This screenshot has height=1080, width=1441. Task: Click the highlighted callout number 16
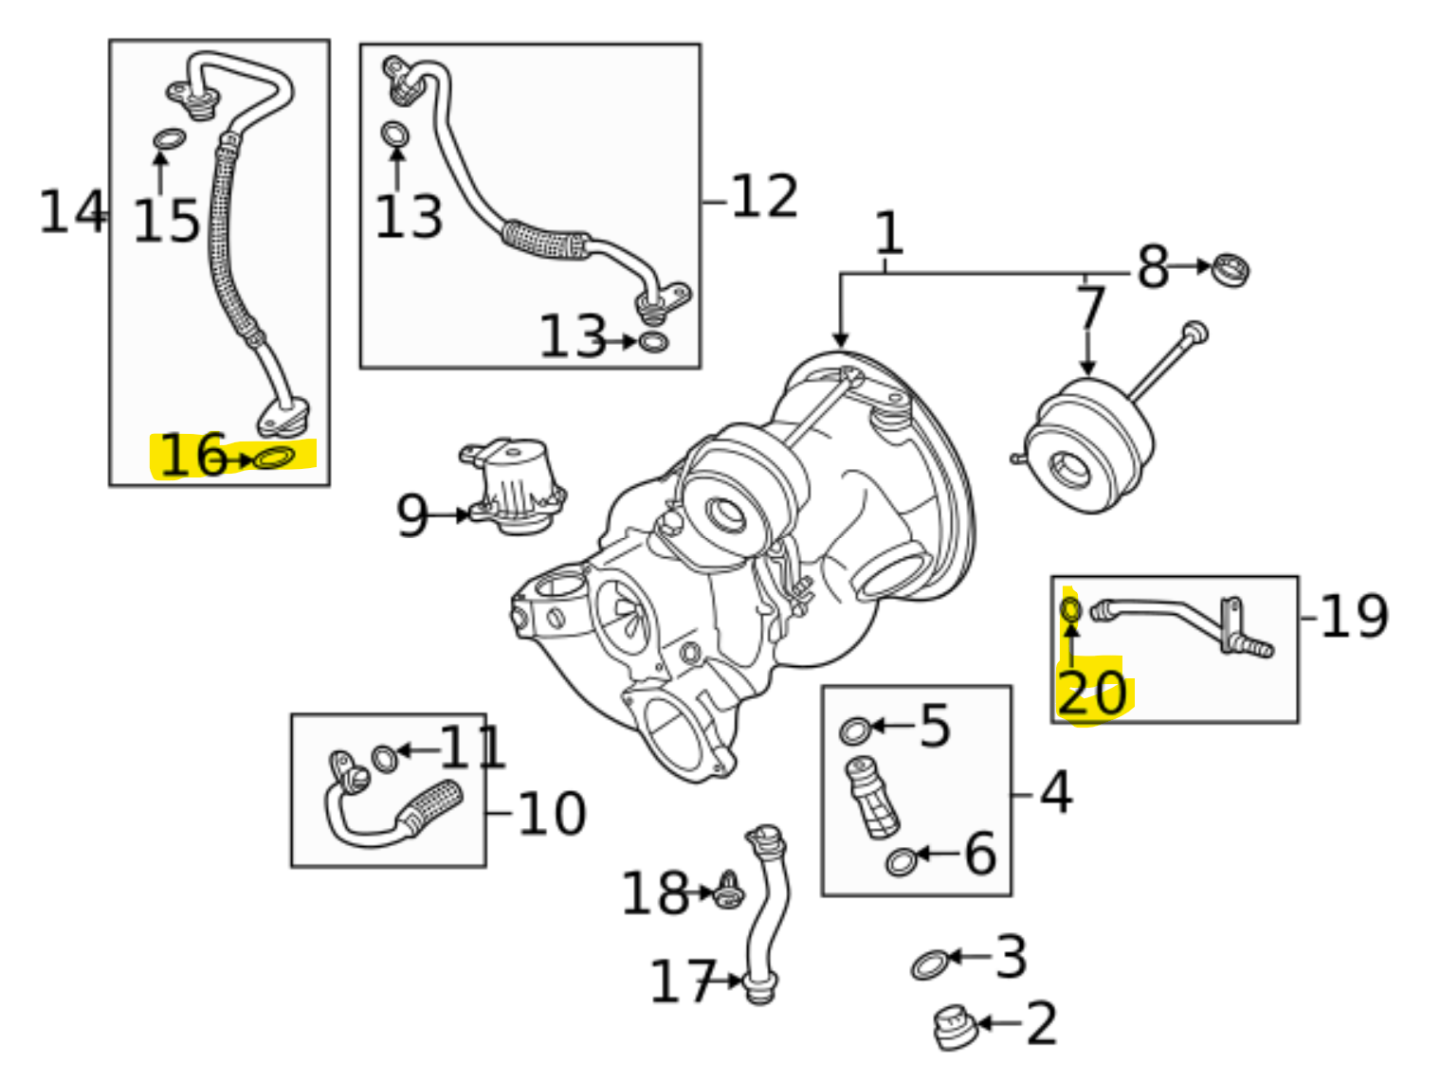[x=192, y=455]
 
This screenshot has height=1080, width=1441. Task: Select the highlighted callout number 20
[x=1091, y=693]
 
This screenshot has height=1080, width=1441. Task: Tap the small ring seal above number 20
[x=1070, y=609]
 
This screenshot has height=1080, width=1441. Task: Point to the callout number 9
[x=413, y=515]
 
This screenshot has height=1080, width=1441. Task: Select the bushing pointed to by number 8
[x=1231, y=269]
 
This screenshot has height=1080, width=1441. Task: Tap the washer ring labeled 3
[x=929, y=963]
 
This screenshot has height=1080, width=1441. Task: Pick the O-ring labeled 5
[x=854, y=730]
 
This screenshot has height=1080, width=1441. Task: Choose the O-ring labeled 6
[x=901, y=860]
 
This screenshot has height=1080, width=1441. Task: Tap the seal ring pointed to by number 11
[x=384, y=758]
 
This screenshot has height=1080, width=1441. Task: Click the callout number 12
[x=764, y=197]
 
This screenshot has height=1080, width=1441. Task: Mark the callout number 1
[x=887, y=233]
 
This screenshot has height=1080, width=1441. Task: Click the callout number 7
[x=1091, y=307]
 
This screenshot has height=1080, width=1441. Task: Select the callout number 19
[x=1353, y=617]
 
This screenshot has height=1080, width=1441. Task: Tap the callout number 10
[x=552, y=814]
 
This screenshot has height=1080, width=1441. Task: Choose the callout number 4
[x=1056, y=792]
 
